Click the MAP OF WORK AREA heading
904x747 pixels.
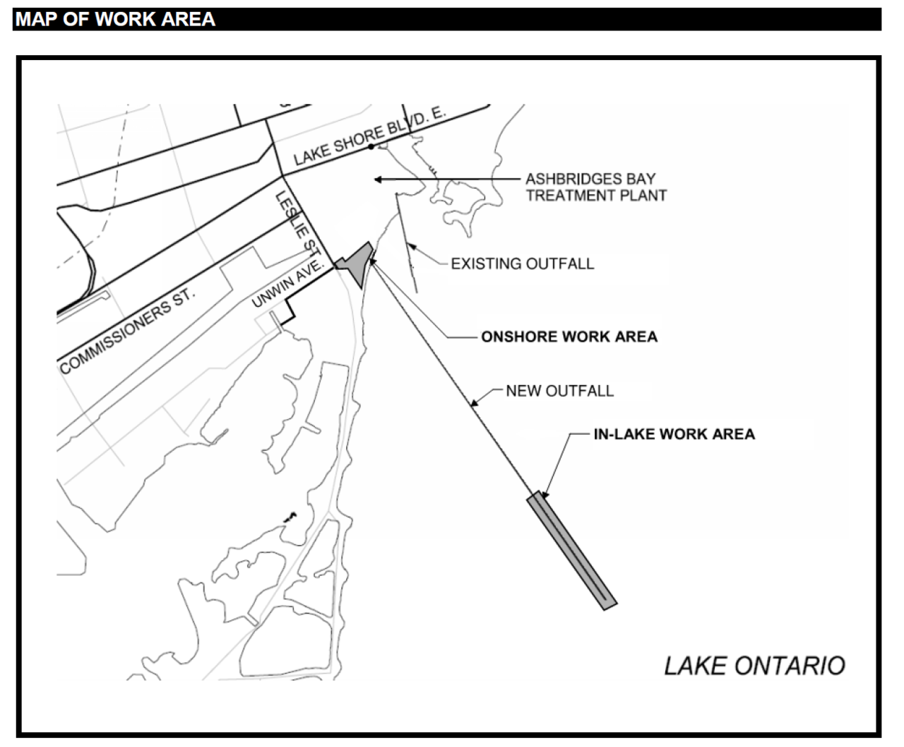pyautogui.click(x=115, y=19)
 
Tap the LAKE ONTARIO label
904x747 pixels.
pyautogui.click(x=754, y=666)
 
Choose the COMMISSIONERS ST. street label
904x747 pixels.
pyautogui.click(x=126, y=333)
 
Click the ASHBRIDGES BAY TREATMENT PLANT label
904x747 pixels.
pyautogui.click(x=595, y=187)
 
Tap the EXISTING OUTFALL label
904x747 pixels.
pyautogui.click(x=522, y=264)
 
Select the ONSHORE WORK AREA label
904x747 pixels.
pyautogui.click(x=569, y=337)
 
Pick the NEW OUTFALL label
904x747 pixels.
pyautogui.click(x=559, y=391)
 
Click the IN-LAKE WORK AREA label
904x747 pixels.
pyautogui.click(x=674, y=434)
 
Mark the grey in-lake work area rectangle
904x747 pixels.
pyautogui.click(x=571, y=551)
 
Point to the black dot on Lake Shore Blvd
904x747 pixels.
pyautogui.click(x=371, y=147)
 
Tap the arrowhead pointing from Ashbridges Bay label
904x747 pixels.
pyautogui.click(x=379, y=180)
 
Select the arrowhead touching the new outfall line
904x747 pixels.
pyautogui.click(x=474, y=404)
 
